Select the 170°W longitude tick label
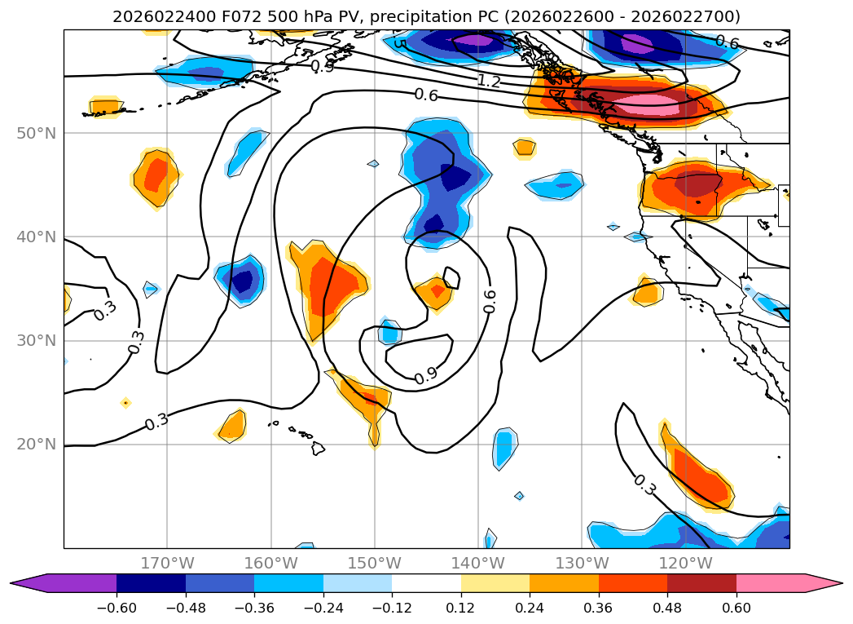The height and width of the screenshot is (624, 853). (167, 563)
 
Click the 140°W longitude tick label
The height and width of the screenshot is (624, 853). (478, 563)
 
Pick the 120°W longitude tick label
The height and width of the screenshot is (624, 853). (686, 563)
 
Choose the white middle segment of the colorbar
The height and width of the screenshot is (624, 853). (426, 582)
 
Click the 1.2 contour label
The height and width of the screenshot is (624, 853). (489, 81)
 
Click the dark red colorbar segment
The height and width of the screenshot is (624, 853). (701, 582)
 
